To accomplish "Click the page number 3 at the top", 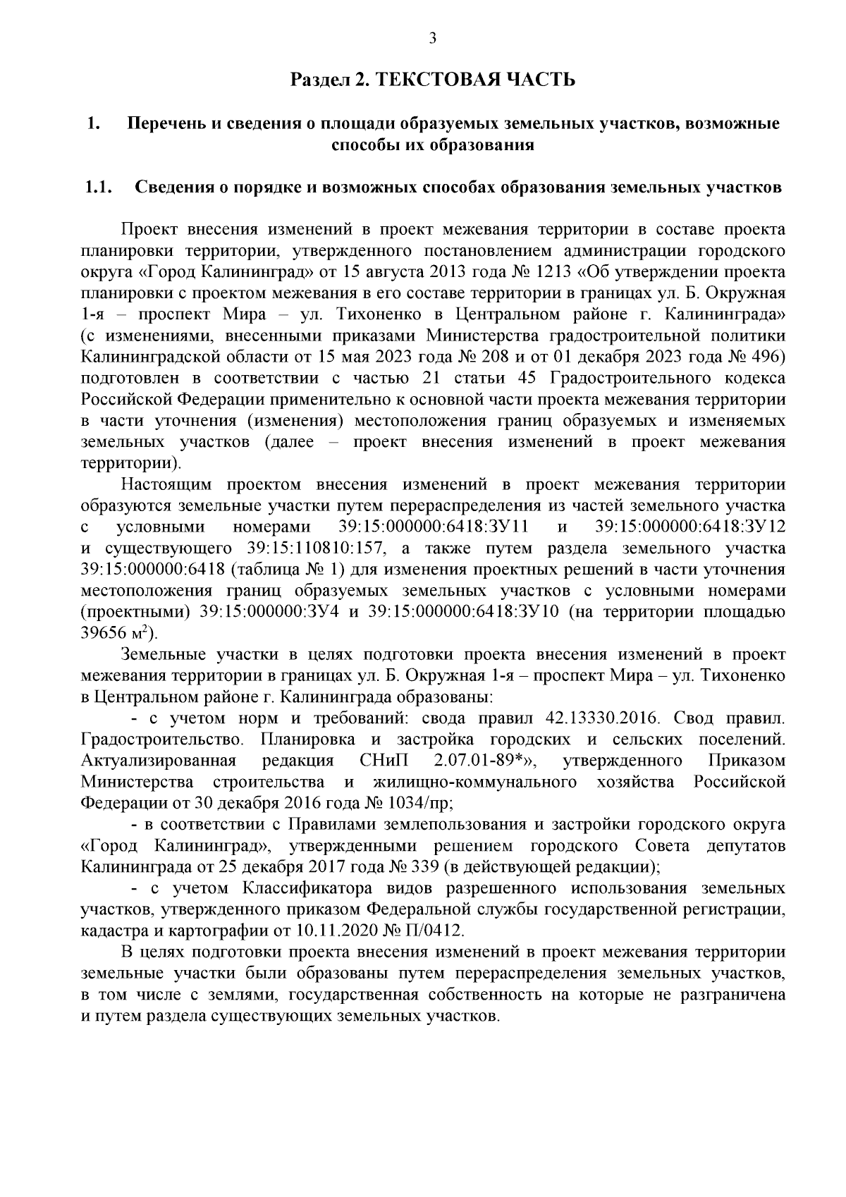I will click(x=433, y=39).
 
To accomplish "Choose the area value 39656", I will click(x=104, y=634).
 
